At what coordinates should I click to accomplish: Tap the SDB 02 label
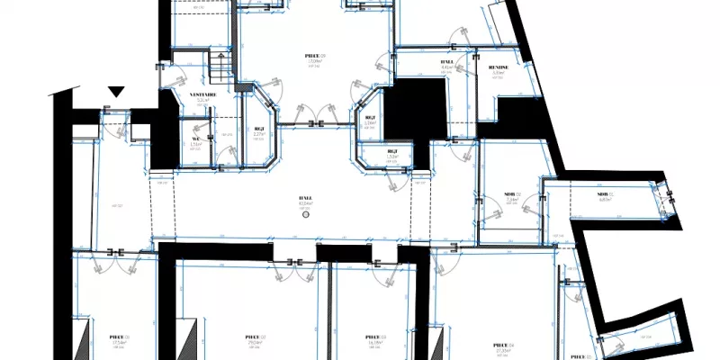(x=604, y=193)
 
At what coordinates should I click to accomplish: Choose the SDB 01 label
(x=509, y=193)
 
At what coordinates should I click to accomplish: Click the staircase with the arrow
(x=221, y=66)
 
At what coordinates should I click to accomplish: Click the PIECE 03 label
(x=375, y=337)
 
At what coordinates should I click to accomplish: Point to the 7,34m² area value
(x=510, y=200)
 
